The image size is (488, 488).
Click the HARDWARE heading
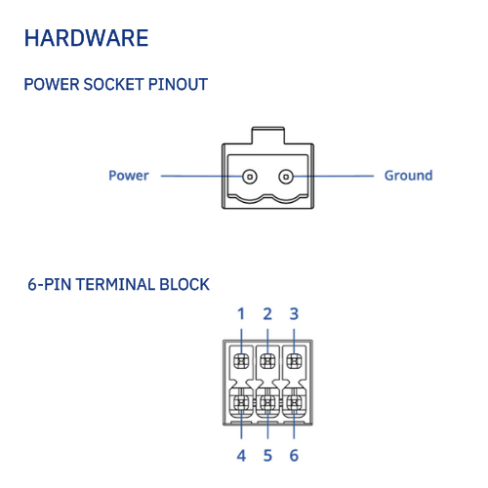click(86, 38)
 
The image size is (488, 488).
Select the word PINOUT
click(178, 85)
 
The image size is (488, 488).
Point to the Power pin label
click(129, 176)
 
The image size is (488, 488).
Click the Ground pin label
click(409, 176)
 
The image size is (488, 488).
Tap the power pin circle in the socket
click(250, 177)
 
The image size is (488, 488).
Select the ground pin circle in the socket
click(286, 177)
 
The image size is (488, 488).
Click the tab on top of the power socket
click(268, 135)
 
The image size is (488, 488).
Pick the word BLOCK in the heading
click(184, 284)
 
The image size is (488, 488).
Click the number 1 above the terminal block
click(241, 314)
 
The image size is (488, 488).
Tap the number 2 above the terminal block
click(267, 314)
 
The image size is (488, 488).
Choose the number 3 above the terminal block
click(294, 314)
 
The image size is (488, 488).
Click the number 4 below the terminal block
click(241, 456)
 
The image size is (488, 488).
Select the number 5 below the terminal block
click(267, 456)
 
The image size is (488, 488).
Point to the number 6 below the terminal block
click(294, 456)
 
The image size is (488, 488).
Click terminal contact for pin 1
click(241, 361)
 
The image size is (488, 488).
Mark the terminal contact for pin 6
click(294, 403)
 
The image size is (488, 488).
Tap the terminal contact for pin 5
click(267, 403)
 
